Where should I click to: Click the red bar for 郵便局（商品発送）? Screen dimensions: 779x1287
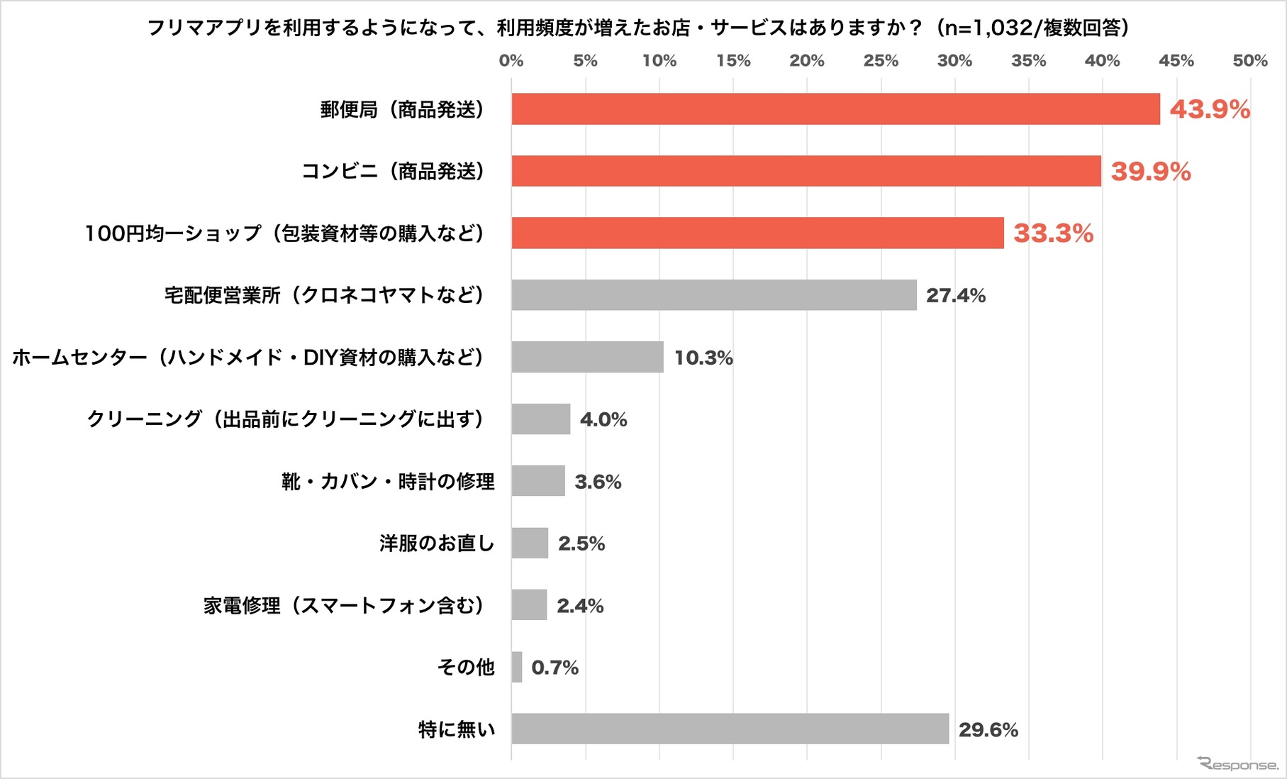[835, 109]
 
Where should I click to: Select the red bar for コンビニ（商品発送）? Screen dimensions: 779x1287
[806, 171]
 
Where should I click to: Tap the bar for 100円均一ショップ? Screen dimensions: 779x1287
[757, 233]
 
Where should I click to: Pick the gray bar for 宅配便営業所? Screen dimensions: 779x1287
[714, 295]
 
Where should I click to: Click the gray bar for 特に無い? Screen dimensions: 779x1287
[730, 729]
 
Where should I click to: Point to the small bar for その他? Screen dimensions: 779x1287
[517, 667]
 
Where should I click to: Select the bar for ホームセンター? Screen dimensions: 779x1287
[587, 357]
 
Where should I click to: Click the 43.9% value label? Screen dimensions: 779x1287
[1210, 109]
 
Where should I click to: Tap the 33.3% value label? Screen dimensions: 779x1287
[1053, 233]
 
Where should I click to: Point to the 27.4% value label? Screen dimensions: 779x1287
[955, 295]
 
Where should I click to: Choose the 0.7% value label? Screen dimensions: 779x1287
[555, 668]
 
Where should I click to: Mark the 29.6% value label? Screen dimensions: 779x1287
[988, 729]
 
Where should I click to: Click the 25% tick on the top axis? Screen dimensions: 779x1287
[881, 61]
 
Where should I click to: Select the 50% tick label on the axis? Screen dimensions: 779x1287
[1249, 61]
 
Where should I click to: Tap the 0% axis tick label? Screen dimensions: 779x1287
[511, 61]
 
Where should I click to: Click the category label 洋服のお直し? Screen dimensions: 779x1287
[436, 543]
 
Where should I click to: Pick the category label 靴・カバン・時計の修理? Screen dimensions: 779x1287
[388, 482]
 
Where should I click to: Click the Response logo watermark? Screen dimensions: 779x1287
[1237, 764]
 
